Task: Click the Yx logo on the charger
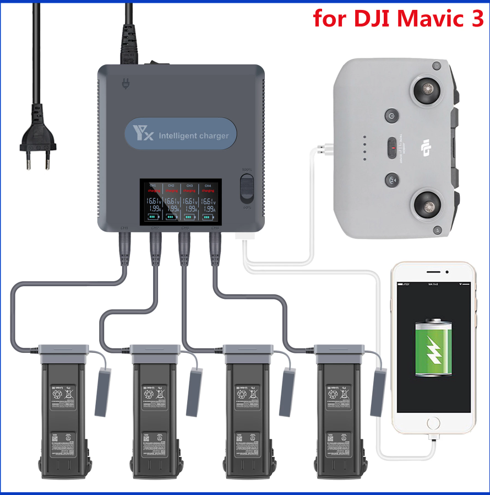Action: [143, 134]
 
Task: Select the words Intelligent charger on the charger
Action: [193, 135]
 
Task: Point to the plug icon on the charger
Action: [125, 85]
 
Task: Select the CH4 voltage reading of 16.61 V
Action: [208, 201]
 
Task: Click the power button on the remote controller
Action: [391, 116]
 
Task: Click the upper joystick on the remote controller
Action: [427, 90]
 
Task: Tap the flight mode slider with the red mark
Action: [392, 148]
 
